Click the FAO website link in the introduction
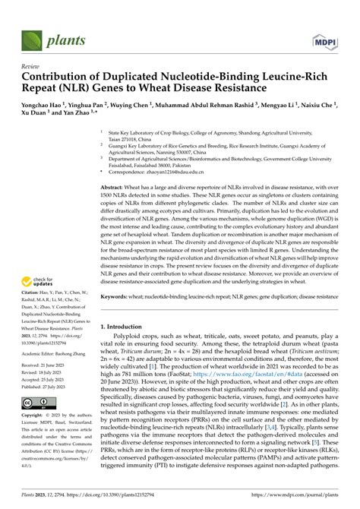[255, 406]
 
